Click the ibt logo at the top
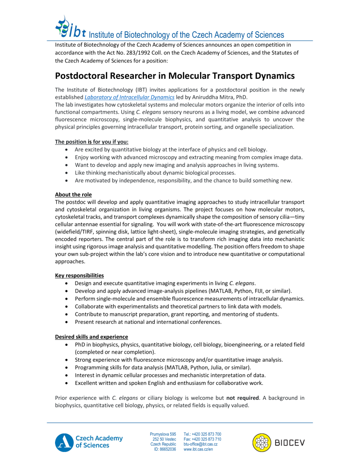click(x=70, y=27)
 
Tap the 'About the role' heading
click(x=73, y=194)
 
